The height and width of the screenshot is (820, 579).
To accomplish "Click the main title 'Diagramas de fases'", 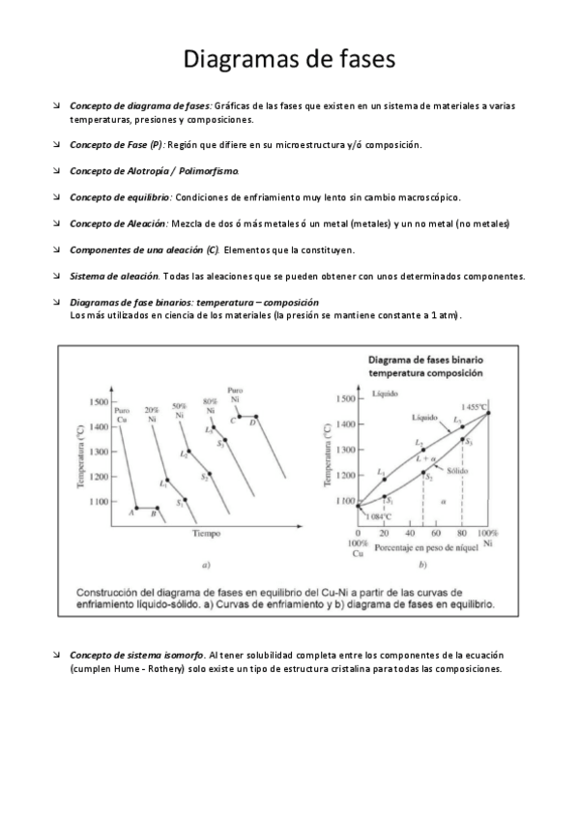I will pyautogui.click(x=289, y=59).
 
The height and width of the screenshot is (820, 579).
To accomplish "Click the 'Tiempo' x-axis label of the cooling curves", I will pyautogui.click(x=206, y=533).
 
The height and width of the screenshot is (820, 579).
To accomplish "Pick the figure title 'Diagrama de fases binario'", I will pyautogui.click(x=425, y=357).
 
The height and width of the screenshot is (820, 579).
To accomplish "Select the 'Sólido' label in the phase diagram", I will pyautogui.click(x=457, y=470).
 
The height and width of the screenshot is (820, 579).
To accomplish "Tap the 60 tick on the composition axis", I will pyautogui.click(x=436, y=534).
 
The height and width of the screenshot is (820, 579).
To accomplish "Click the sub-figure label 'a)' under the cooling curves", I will pyautogui.click(x=205, y=565).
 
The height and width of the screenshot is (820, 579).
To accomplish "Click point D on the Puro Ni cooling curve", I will pyautogui.click(x=253, y=423).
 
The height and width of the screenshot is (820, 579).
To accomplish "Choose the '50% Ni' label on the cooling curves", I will pyautogui.click(x=180, y=410).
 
